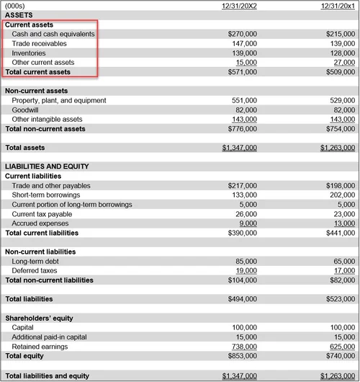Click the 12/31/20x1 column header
(338, 6)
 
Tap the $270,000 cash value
(242, 34)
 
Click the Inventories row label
(29, 53)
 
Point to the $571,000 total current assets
(242, 72)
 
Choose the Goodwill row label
(26, 110)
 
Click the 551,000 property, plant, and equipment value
(243, 101)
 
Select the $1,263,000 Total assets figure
(338, 148)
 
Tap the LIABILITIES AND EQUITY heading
(47, 166)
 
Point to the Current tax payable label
(42, 214)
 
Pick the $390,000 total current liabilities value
(242, 233)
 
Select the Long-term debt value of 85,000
(246, 261)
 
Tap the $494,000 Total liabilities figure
(242, 298)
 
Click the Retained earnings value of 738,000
(243, 346)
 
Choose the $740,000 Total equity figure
(341, 355)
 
